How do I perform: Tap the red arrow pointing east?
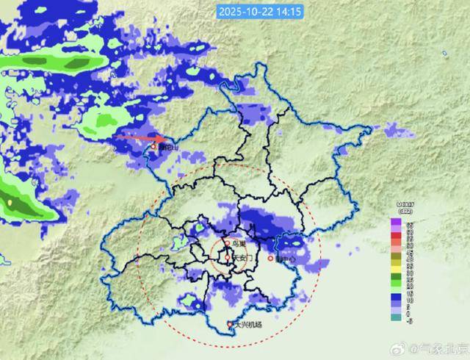[143, 137]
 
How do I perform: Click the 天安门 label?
[242, 259]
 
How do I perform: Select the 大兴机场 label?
[248, 325]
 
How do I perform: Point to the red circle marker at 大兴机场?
[230, 325]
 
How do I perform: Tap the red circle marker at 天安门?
[226, 259]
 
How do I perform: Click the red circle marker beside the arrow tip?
[153, 147]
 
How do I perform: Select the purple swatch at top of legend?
[395, 221]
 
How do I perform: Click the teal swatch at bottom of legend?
[395, 317]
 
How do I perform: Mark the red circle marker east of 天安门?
[271, 259]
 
